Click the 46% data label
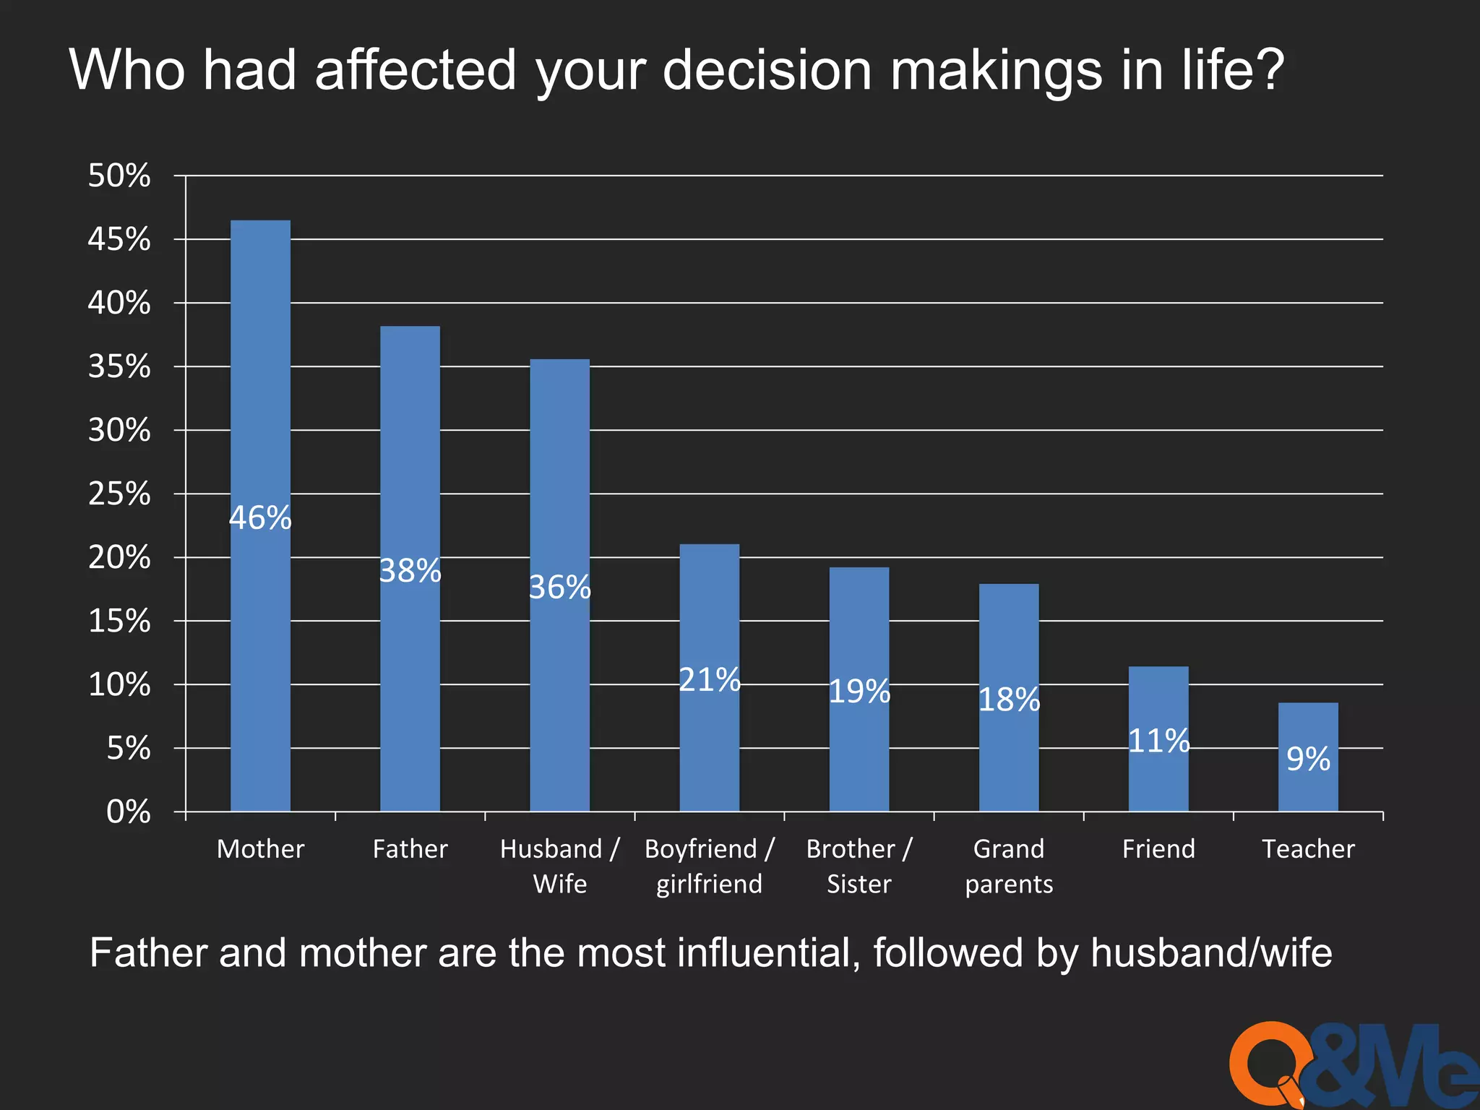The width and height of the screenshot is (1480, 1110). coord(260,517)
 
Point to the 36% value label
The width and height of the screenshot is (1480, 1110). coord(560,587)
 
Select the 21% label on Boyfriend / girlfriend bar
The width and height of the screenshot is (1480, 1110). coord(710,679)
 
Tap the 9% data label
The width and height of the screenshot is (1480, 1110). coord(1308,759)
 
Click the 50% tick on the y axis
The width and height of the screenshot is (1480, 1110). coord(119,176)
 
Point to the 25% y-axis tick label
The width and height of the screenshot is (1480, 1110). coord(119,494)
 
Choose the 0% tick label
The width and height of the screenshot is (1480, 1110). coord(129,812)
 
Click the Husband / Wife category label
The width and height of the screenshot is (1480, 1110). coord(560,866)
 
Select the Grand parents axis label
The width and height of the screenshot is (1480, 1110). coord(1009,866)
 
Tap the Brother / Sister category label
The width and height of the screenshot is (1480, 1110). coord(859,866)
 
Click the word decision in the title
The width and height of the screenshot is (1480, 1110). coord(767,70)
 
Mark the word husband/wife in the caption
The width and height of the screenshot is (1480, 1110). coord(1211,952)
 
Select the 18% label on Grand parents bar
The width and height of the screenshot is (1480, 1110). coord(1009,699)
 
